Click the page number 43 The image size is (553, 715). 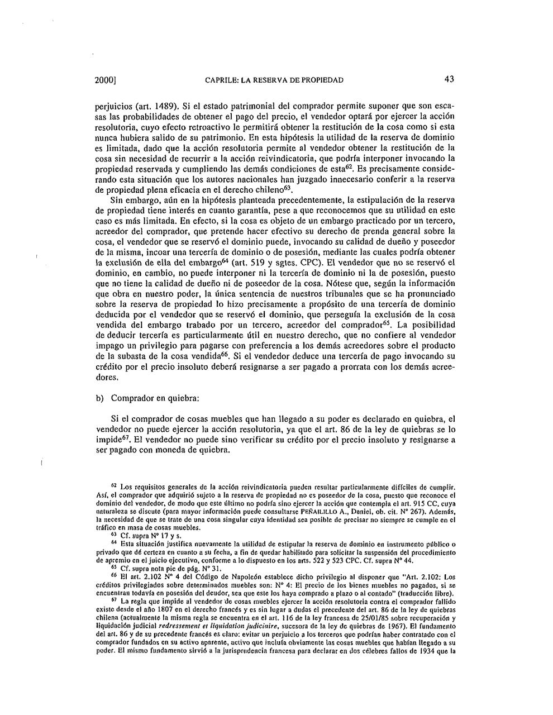tap(449, 80)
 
